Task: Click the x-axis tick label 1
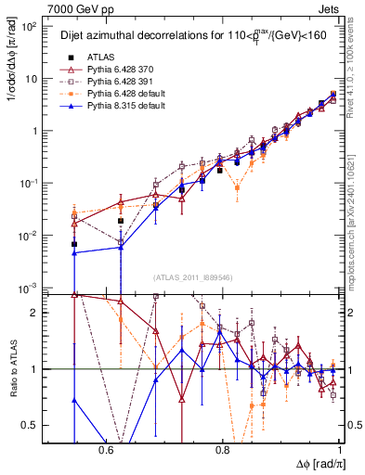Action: (340, 449)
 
